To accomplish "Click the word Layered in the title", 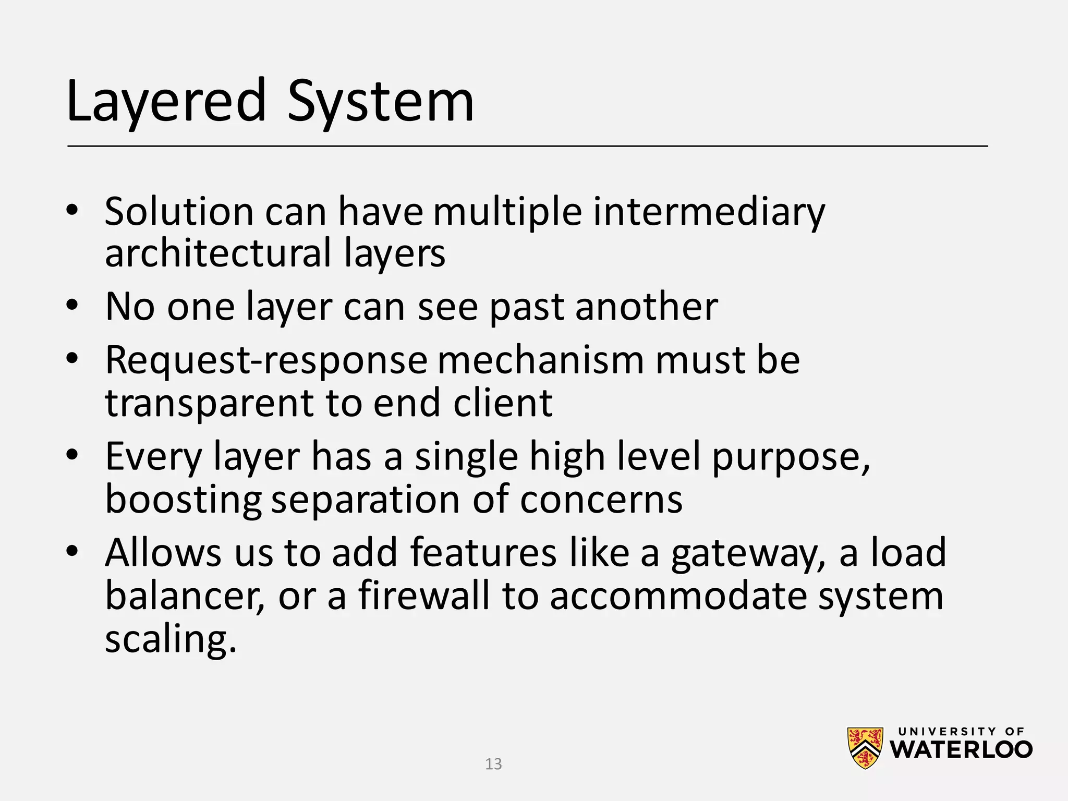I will click(166, 101).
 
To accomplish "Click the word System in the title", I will click(381, 101).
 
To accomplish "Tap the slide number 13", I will click(493, 764).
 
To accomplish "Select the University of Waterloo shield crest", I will click(865, 748).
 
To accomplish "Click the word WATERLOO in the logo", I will click(961, 750).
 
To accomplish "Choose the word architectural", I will click(219, 253).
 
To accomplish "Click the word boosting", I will click(183, 499).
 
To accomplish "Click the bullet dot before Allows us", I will click(72, 551).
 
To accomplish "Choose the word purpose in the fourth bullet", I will click(791, 457).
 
